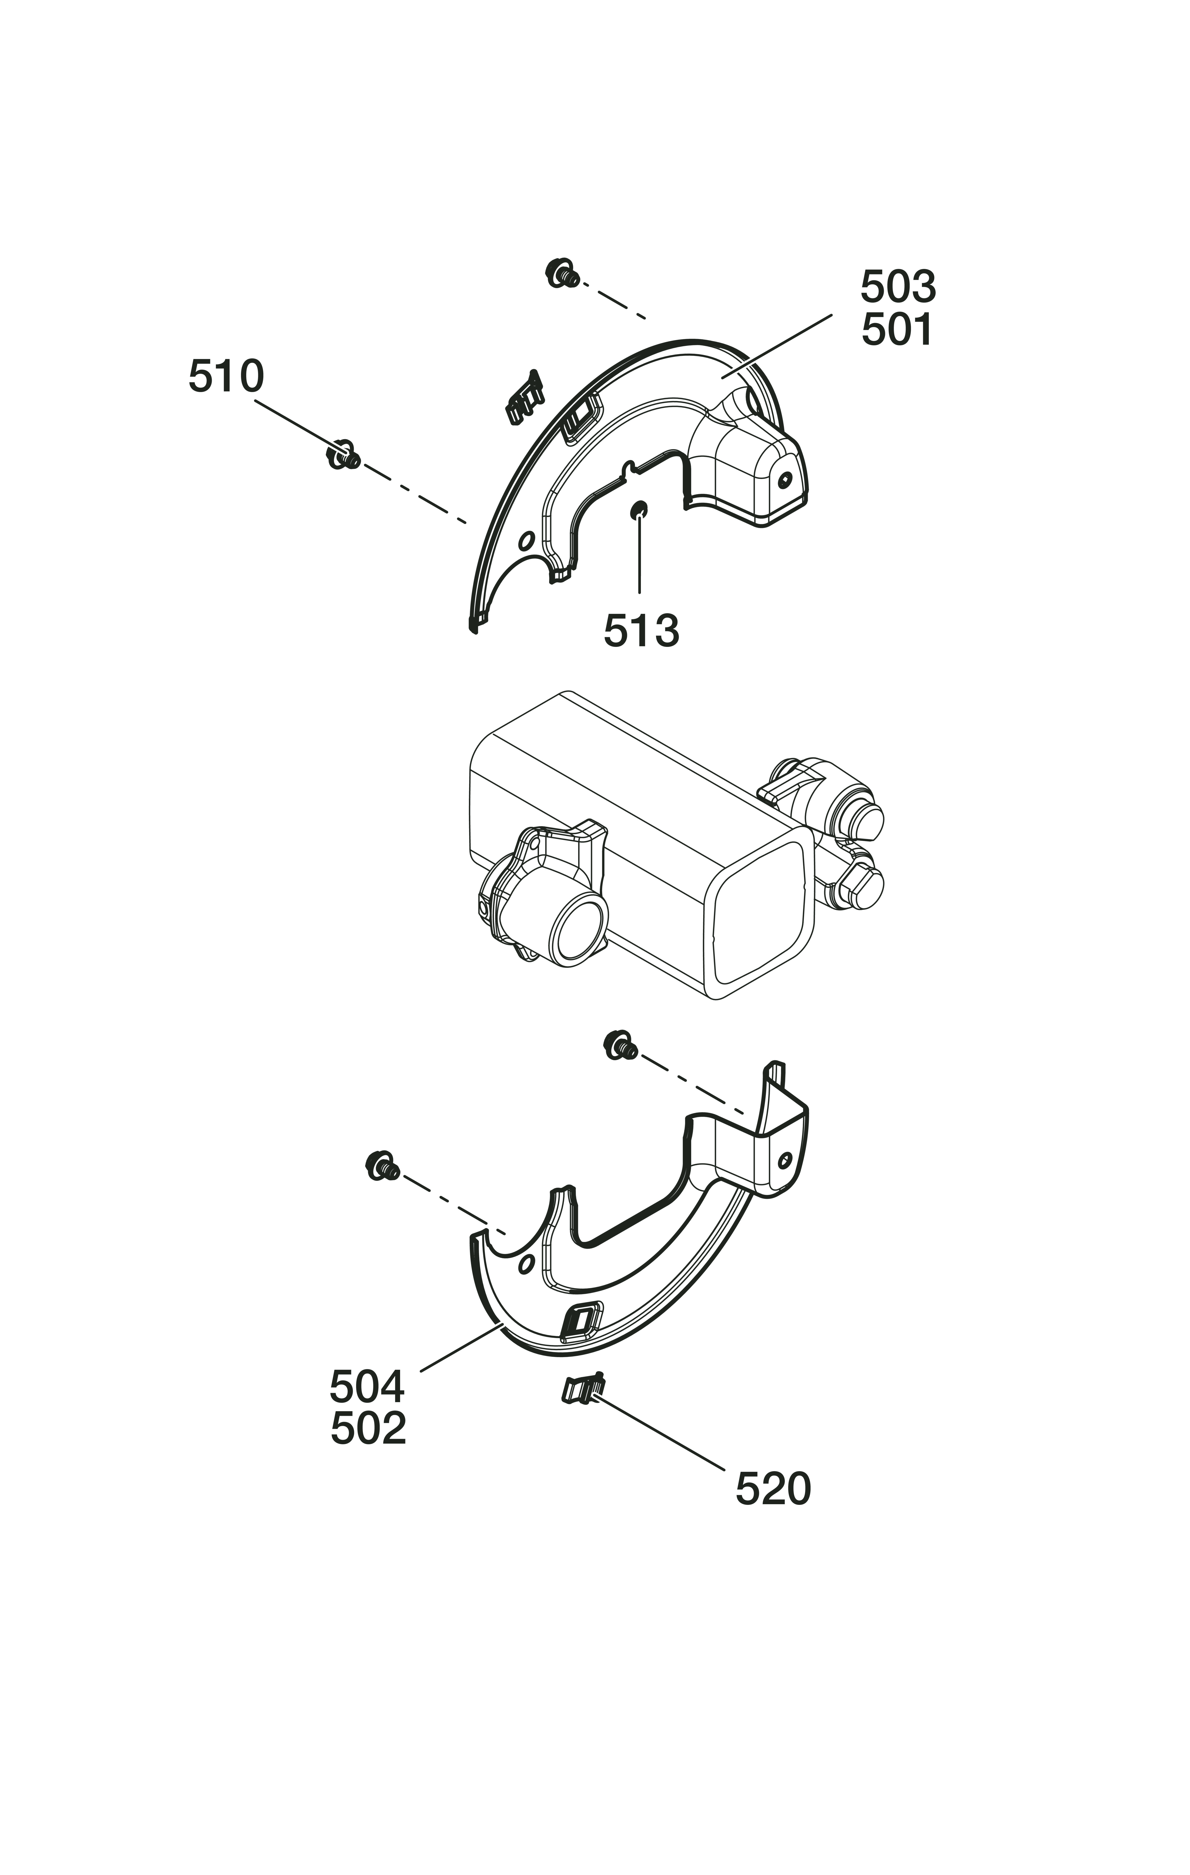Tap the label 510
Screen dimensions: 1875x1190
[226, 377]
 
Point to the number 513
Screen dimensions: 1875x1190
[641, 631]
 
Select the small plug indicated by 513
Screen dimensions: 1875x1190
[639, 510]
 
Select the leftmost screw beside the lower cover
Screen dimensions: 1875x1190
[382, 1166]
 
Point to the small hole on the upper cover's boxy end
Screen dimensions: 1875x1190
[784, 480]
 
